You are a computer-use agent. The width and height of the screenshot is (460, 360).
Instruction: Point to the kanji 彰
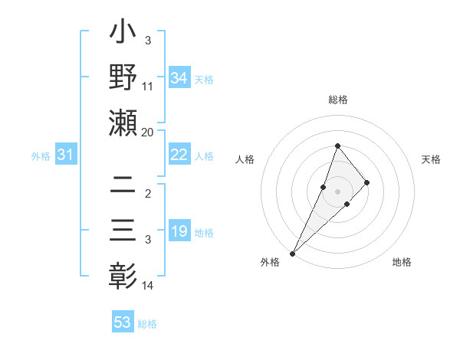(123, 274)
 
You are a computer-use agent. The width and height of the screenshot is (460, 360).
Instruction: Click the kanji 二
(123, 185)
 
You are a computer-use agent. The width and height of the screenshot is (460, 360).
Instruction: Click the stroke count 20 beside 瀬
(148, 132)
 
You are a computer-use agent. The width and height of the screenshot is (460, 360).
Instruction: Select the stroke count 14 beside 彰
(148, 286)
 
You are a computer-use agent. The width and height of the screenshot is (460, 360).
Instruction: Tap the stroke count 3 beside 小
(147, 40)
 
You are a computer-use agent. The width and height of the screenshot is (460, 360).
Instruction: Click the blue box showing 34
(179, 78)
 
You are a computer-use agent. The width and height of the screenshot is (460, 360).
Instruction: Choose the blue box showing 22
(179, 155)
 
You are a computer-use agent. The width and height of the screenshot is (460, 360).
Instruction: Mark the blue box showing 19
(179, 232)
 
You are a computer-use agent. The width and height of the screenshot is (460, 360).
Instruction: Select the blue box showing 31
(66, 155)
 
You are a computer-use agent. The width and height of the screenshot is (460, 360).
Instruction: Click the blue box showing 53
(123, 322)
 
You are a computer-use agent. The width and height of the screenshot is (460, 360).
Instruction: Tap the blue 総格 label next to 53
(147, 324)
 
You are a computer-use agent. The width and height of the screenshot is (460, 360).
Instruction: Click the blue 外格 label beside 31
(41, 156)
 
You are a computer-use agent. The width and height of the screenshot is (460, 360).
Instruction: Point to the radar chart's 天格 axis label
(431, 159)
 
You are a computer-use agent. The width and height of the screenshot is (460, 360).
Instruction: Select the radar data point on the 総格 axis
(337, 146)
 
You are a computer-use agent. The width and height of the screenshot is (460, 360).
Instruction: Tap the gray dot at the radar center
(337, 191)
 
